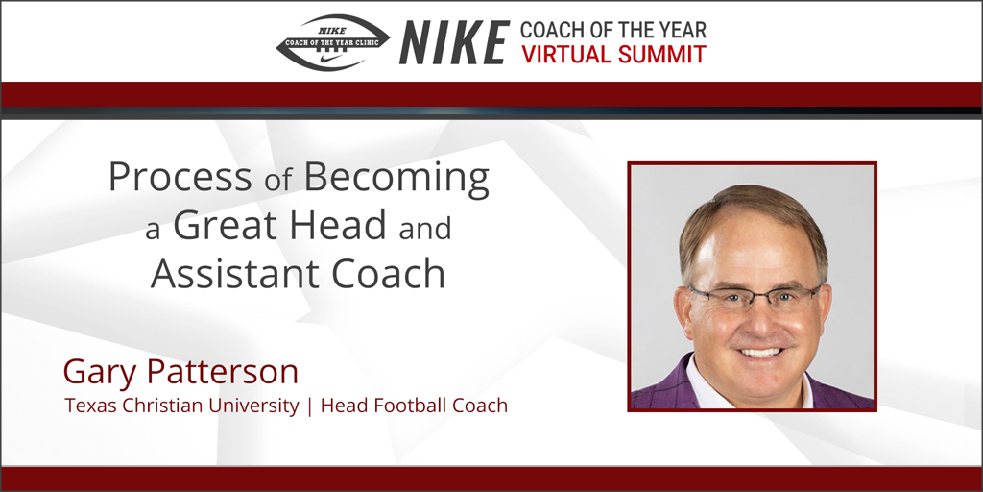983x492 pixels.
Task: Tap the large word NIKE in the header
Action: (x=453, y=42)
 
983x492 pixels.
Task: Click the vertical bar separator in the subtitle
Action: (x=309, y=406)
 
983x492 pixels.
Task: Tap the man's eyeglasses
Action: (x=755, y=297)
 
